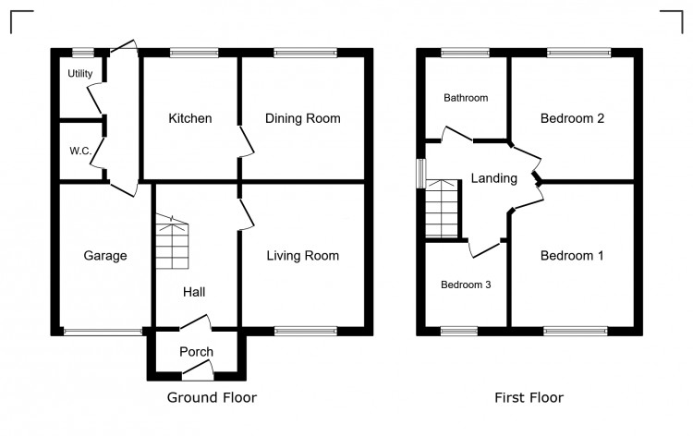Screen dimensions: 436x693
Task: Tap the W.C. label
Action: coord(79,151)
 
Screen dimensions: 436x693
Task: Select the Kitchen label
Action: coord(189,118)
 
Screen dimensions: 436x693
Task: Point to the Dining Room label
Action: coord(302,118)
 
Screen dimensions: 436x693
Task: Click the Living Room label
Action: coord(302,256)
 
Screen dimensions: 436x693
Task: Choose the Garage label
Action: coord(104,256)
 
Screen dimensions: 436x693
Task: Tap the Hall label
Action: coord(194,292)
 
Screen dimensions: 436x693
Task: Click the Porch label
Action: coord(196,352)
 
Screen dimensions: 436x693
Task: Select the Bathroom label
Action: coord(466,98)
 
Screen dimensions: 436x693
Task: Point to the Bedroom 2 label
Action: coord(572,118)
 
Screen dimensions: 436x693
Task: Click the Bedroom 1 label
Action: coord(572,256)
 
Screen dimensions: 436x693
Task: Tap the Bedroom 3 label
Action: coord(465,285)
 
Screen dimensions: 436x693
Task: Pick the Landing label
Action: coord(493,178)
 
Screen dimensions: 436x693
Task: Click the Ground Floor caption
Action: coord(212,398)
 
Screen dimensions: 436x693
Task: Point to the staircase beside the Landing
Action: coord(442,208)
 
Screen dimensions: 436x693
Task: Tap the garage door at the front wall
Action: coord(102,331)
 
